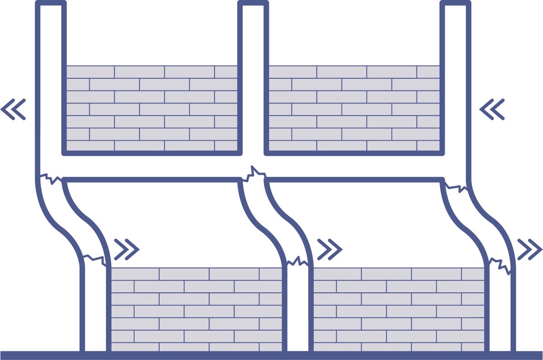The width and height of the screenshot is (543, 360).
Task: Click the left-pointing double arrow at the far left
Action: (x=13, y=109)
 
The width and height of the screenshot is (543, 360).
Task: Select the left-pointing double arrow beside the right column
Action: (x=492, y=109)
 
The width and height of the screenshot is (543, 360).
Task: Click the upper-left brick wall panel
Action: (x=152, y=108)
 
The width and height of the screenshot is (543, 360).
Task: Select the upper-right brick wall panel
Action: (x=354, y=108)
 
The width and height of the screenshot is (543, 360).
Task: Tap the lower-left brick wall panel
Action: (x=197, y=310)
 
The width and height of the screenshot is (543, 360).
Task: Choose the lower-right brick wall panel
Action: (x=399, y=310)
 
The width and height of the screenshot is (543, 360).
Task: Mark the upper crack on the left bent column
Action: (x=50, y=178)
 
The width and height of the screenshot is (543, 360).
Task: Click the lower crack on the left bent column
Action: (x=94, y=259)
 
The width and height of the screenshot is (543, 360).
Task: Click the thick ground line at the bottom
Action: (x=271, y=355)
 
